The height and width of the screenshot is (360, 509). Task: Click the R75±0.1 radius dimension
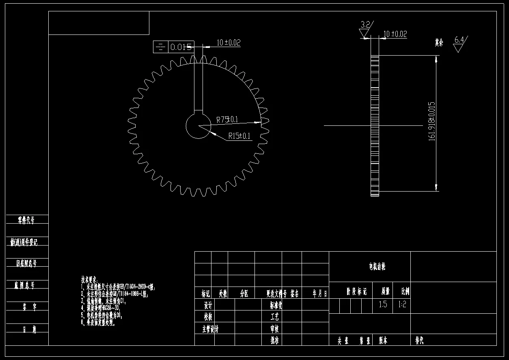point(227,119)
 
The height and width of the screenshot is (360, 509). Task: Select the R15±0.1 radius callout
point(239,136)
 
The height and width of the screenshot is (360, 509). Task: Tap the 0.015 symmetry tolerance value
point(181,47)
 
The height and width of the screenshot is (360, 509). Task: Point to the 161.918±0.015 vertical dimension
point(431,121)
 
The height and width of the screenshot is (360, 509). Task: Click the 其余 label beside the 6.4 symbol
point(439,42)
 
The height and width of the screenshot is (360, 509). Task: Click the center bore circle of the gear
point(198,126)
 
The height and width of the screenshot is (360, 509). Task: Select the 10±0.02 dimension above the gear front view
point(229,42)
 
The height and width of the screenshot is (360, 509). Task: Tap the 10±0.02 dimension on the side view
point(395,34)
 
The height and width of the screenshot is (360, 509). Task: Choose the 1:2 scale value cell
point(402,304)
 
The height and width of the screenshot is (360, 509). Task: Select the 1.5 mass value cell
point(383,304)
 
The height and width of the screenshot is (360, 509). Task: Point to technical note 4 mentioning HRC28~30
point(101,308)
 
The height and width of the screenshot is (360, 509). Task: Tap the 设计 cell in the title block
point(207,305)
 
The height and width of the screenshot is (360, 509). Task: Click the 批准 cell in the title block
point(275,340)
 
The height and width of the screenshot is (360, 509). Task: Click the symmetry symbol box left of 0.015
point(160,47)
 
